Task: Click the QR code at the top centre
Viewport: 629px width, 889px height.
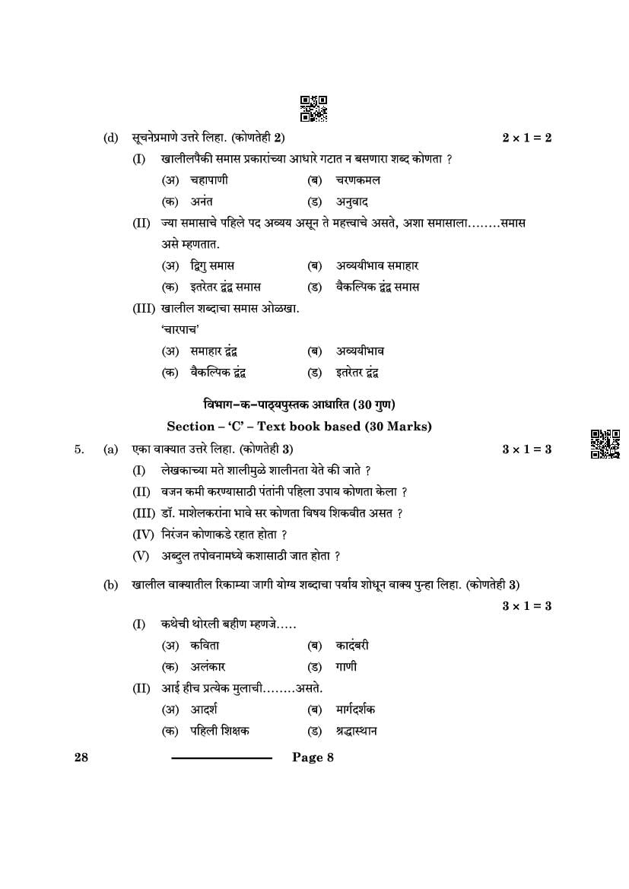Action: click(313, 109)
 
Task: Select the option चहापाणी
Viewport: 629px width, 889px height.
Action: click(208, 180)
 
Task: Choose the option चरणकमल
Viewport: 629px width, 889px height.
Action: click(357, 180)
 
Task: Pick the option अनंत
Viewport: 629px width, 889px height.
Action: click(202, 202)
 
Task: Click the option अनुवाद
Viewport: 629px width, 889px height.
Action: click(352, 202)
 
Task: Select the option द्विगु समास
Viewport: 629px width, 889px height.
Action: click(212, 265)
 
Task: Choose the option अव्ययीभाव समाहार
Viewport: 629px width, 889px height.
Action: click(377, 265)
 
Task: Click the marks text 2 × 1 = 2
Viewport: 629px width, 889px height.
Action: click(526, 138)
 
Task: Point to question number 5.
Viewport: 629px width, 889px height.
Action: click(79, 449)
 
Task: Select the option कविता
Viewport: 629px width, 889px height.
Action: click(205, 646)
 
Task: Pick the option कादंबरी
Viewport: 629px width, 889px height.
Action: click(352, 646)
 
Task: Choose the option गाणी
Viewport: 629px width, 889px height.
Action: click(346, 667)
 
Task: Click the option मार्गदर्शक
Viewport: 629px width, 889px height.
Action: click(355, 710)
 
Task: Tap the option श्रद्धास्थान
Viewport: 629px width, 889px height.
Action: click(356, 731)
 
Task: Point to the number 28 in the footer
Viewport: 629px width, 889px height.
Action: click(81, 757)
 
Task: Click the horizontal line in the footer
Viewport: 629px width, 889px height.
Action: click(221, 757)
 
